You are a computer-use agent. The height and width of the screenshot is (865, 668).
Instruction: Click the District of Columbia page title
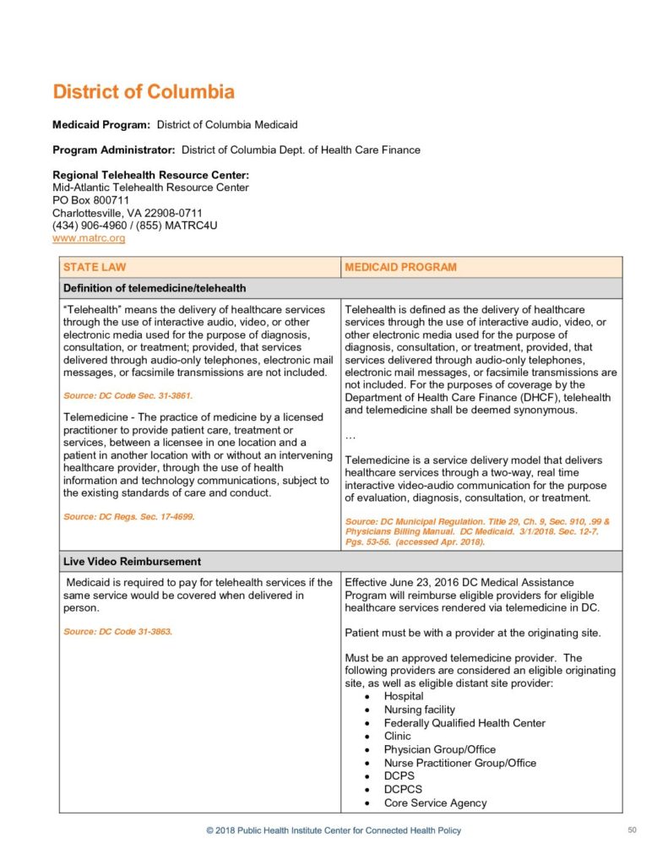click(x=144, y=92)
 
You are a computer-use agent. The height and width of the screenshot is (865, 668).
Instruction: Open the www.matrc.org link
click(x=89, y=239)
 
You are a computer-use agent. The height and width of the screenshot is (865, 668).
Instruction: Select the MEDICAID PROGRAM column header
click(x=400, y=267)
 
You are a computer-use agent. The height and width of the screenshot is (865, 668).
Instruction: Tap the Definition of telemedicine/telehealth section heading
click(x=155, y=288)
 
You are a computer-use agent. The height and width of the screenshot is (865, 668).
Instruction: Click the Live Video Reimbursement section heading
click(x=132, y=561)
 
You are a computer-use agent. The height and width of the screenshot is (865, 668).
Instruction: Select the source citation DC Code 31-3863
click(x=117, y=630)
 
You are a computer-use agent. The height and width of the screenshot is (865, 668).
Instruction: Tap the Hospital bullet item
click(x=404, y=696)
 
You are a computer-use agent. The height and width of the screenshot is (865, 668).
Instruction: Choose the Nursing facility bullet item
click(x=419, y=710)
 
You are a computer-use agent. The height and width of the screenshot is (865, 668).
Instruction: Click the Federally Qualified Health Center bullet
click(x=464, y=723)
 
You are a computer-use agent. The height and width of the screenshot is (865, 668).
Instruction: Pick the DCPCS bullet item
click(x=403, y=790)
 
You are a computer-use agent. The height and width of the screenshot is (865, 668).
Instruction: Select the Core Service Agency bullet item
click(x=435, y=803)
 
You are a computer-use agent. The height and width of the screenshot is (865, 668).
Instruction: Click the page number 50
click(x=632, y=830)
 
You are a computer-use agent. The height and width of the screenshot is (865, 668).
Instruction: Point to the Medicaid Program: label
click(x=101, y=125)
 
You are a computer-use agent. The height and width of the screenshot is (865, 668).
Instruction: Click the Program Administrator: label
click(x=114, y=150)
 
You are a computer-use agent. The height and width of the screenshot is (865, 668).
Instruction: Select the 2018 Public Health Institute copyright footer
click(x=334, y=831)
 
